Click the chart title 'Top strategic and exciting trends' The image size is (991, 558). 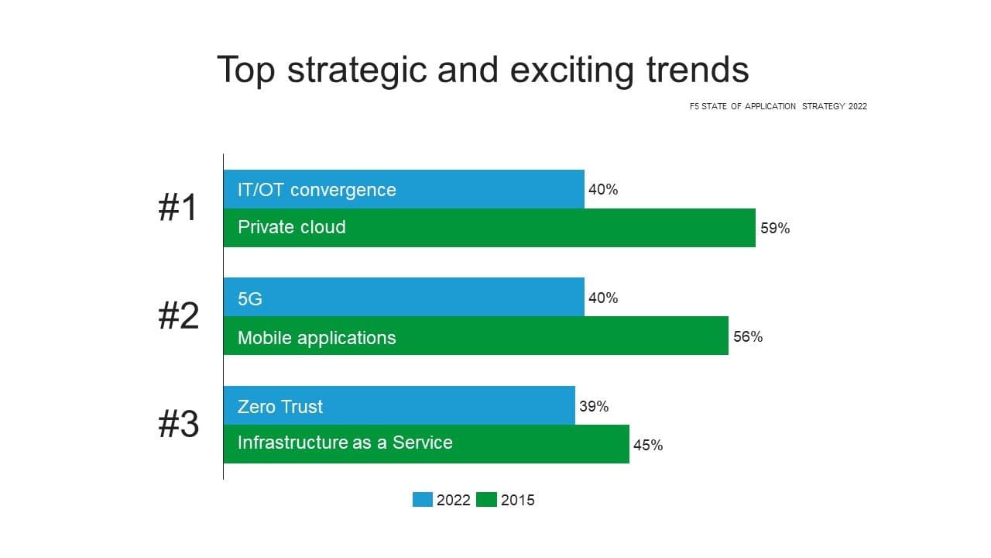(482, 70)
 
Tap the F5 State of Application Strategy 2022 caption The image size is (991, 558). (778, 106)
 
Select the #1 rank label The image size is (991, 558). (178, 208)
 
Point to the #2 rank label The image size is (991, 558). (178, 316)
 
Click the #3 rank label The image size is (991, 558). (178, 425)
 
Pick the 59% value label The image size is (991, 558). (775, 229)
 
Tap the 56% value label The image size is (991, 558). (748, 337)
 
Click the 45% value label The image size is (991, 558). (648, 446)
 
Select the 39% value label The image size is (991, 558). (594, 407)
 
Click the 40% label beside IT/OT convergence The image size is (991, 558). (603, 190)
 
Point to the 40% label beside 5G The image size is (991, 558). (603, 298)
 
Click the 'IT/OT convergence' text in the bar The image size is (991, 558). (317, 190)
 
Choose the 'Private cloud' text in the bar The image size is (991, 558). (291, 227)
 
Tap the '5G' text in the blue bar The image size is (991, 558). (250, 298)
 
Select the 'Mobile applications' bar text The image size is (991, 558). (317, 338)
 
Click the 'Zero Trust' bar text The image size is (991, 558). (280, 407)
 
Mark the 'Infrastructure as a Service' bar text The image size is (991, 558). (345, 443)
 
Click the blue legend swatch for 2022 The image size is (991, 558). (423, 500)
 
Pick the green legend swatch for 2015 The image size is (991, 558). (486, 500)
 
